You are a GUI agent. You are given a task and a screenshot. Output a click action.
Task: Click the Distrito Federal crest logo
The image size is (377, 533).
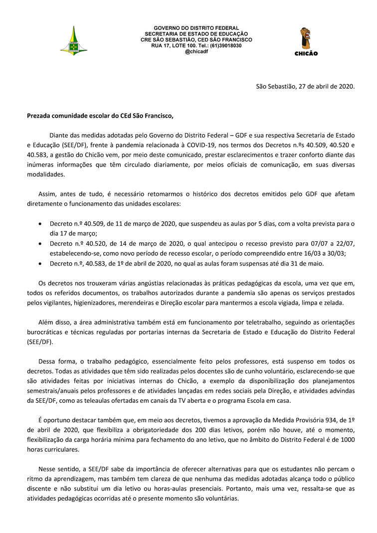74,41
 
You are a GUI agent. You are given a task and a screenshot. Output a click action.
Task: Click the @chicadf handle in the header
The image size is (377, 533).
196,51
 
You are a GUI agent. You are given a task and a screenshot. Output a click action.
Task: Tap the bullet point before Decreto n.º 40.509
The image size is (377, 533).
40,224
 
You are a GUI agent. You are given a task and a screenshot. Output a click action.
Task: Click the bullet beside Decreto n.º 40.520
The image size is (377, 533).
40,244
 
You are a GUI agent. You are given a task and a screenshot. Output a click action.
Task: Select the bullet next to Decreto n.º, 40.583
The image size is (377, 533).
40,264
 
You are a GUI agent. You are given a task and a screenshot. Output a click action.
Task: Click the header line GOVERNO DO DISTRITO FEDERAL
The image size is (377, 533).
196,28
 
